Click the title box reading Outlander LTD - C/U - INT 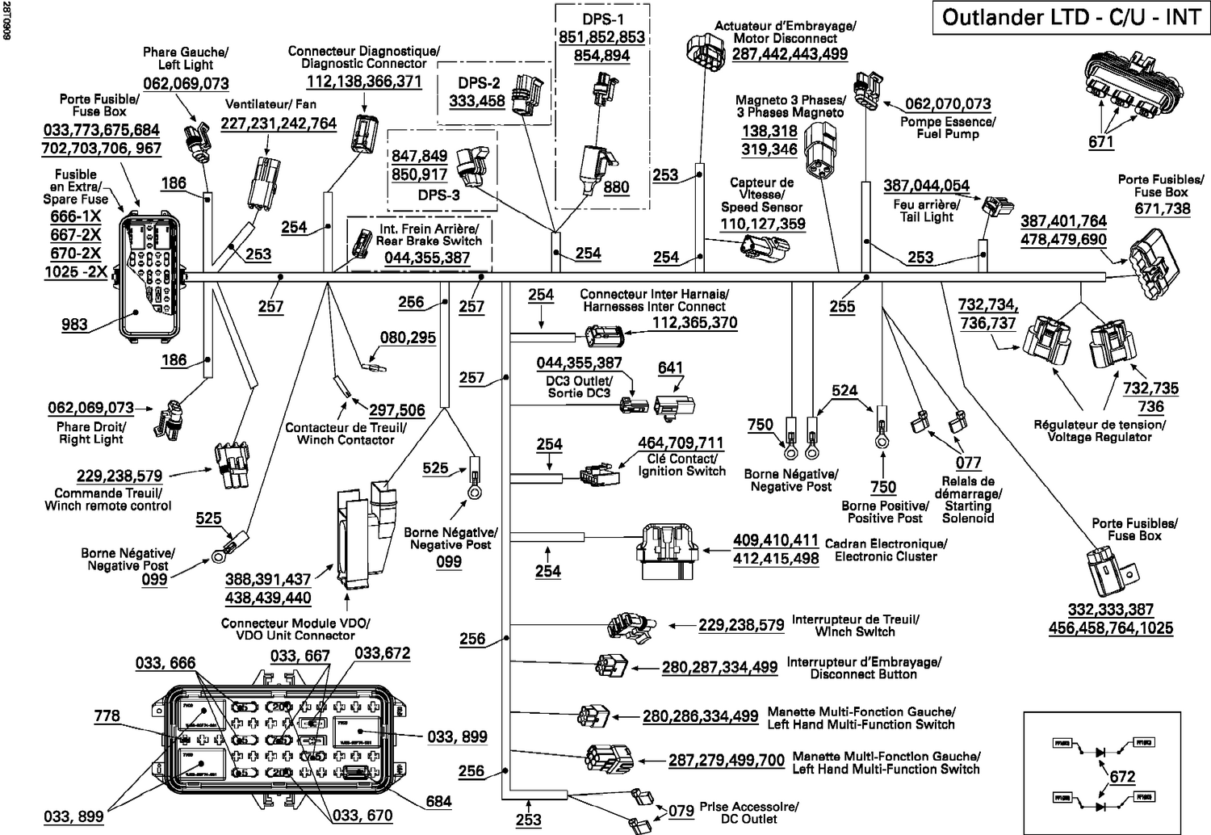click(x=1071, y=18)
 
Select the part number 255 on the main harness click(x=842, y=307)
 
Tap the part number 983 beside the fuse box click(x=74, y=325)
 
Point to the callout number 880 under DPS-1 click(x=616, y=187)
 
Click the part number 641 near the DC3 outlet click(x=670, y=368)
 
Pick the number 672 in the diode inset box click(x=1122, y=777)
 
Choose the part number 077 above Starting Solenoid click(x=968, y=463)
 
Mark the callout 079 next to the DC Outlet click(x=681, y=810)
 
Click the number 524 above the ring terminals click(x=844, y=391)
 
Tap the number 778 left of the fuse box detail click(x=107, y=715)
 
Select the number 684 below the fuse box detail click(x=438, y=802)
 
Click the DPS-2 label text click(x=479, y=83)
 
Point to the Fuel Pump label click(x=948, y=134)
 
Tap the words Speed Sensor click(x=762, y=207)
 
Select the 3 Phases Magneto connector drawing click(x=823, y=149)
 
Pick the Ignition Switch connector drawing click(x=599, y=473)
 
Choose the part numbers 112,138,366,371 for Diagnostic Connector click(x=364, y=82)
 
